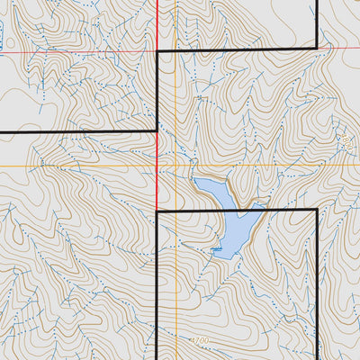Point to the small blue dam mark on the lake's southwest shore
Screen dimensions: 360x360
coord(217,248)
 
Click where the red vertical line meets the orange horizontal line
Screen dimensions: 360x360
coord(157,166)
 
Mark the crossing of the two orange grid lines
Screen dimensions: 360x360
coord(175,166)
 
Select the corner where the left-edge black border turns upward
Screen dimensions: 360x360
coord(157,132)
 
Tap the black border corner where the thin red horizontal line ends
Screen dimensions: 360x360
coord(157,51)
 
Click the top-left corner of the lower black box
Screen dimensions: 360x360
coord(157,210)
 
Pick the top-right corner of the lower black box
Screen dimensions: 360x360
coord(317,210)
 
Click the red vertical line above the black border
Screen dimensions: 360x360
coord(157,22)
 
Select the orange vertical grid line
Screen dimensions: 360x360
coord(175,108)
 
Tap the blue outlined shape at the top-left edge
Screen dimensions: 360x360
coord(2,36)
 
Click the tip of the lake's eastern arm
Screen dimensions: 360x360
coord(262,205)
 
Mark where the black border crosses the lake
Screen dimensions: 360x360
coord(238,210)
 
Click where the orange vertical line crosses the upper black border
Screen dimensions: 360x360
coord(175,51)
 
